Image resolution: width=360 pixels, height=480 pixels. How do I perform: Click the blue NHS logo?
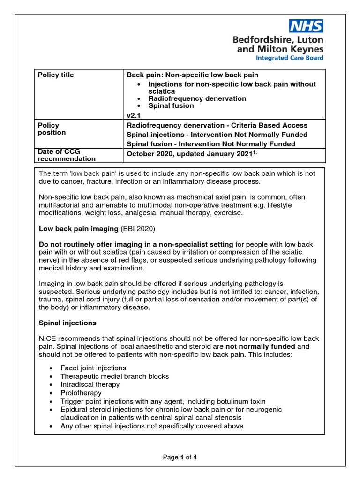(x=306, y=26)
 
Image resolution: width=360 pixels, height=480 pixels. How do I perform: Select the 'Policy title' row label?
(x=56, y=75)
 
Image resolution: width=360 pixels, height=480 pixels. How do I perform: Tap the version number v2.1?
(x=134, y=115)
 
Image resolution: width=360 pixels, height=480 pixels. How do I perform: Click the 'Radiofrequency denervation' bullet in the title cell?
(x=197, y=98)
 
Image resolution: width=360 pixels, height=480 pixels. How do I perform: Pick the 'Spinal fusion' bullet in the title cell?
(x=171, y=105)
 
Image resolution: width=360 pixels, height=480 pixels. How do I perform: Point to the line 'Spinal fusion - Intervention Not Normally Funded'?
(x=211, y=144)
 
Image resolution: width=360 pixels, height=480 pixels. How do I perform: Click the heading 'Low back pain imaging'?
(x=78, y=228)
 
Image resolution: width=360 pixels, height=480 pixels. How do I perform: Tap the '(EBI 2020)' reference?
(x=137, y=228)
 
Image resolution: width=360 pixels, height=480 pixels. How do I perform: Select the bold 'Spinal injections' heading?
(x=67, y=323)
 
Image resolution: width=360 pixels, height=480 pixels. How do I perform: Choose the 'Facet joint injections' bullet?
(x=93, y=368)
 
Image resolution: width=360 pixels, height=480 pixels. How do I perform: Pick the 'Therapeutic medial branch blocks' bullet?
(x=114, y=376)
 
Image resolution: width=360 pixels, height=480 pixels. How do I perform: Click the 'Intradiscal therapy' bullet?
(x=90, y=384)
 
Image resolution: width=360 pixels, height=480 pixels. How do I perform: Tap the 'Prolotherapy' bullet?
(x=81, y=393)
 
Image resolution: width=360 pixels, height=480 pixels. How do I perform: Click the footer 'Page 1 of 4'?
(x=180, y=457)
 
